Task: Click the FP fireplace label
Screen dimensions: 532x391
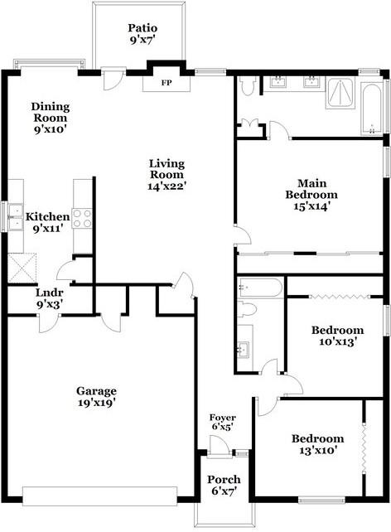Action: coord(167,83)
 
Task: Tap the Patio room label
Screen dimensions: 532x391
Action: coord(142,27)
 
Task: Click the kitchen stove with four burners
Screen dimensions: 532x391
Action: coord(81,218)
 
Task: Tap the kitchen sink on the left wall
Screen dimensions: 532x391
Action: coord(14,218)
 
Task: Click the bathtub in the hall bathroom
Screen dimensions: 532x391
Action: coord(259,288)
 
